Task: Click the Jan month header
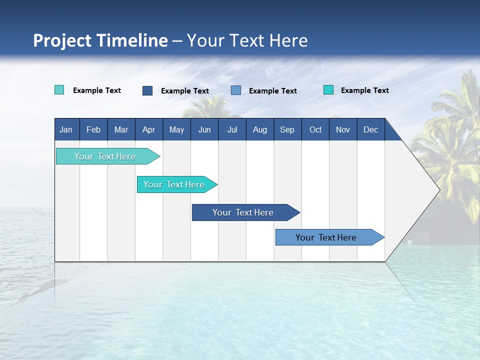click(66, 129)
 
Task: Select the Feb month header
click(93, 129)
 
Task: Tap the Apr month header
click(148, 129)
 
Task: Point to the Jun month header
click(204, 129)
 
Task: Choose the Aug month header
click(259, 129)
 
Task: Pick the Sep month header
click(287, 129)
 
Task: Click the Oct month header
click(315, 129)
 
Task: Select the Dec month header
click(370, 129)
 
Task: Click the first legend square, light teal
click(59, 90)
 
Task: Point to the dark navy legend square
click(147, 90)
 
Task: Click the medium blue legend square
click(236, 90)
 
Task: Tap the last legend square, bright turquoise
click(328, 90)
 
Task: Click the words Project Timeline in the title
click(100, 40)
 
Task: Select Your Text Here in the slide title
click(247, 40)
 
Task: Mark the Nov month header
click(343, 129)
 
